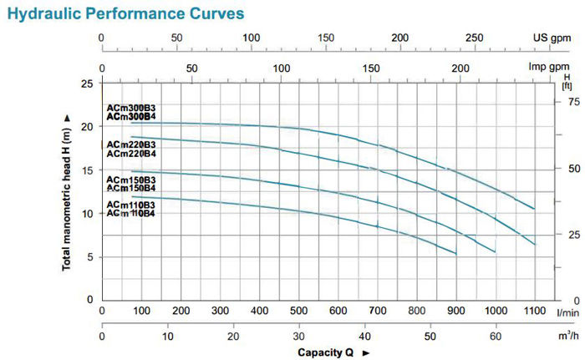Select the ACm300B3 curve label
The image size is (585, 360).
pos(130,109)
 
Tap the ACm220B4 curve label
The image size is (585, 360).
pos(130,153)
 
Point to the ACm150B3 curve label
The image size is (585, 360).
pos(130,180)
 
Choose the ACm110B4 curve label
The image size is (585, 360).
pos(130,214)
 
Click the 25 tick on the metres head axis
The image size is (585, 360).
pos(87,84)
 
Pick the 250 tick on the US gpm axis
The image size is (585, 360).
pos(474,38)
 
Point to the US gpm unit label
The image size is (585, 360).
pos(552,38)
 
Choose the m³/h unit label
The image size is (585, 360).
pos(567,336)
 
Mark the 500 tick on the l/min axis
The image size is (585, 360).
pos(298,311)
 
